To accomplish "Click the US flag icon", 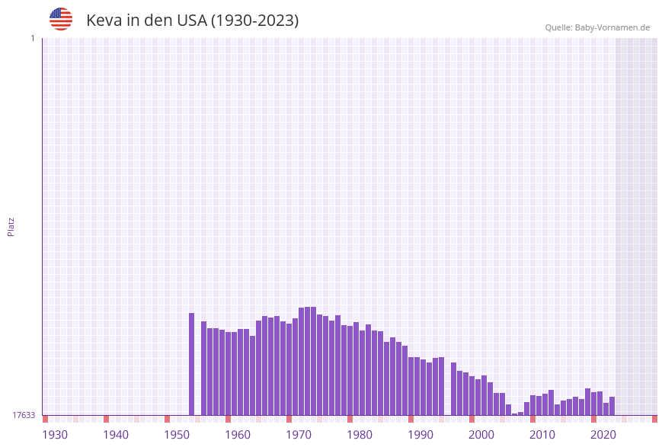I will (61, 19).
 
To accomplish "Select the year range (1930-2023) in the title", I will (254, 21).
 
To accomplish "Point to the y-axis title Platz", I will (11, 226).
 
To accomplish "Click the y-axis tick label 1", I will (32, 38).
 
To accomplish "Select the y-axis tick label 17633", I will (24, 415).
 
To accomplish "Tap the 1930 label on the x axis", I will (55, 435).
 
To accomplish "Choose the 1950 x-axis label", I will (177, 435).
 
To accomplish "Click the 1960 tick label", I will (238, 435).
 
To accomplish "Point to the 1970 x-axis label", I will (299, 435).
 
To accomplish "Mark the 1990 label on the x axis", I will (420, 435).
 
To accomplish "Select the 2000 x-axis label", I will (481, 435).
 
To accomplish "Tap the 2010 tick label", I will (542, 435).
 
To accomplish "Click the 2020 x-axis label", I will (603, 435).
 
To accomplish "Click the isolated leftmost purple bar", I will (192, 364).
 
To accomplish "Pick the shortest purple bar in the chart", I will (515, 413).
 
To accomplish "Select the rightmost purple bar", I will (612, 406).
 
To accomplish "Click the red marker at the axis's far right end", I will (654, 419).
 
